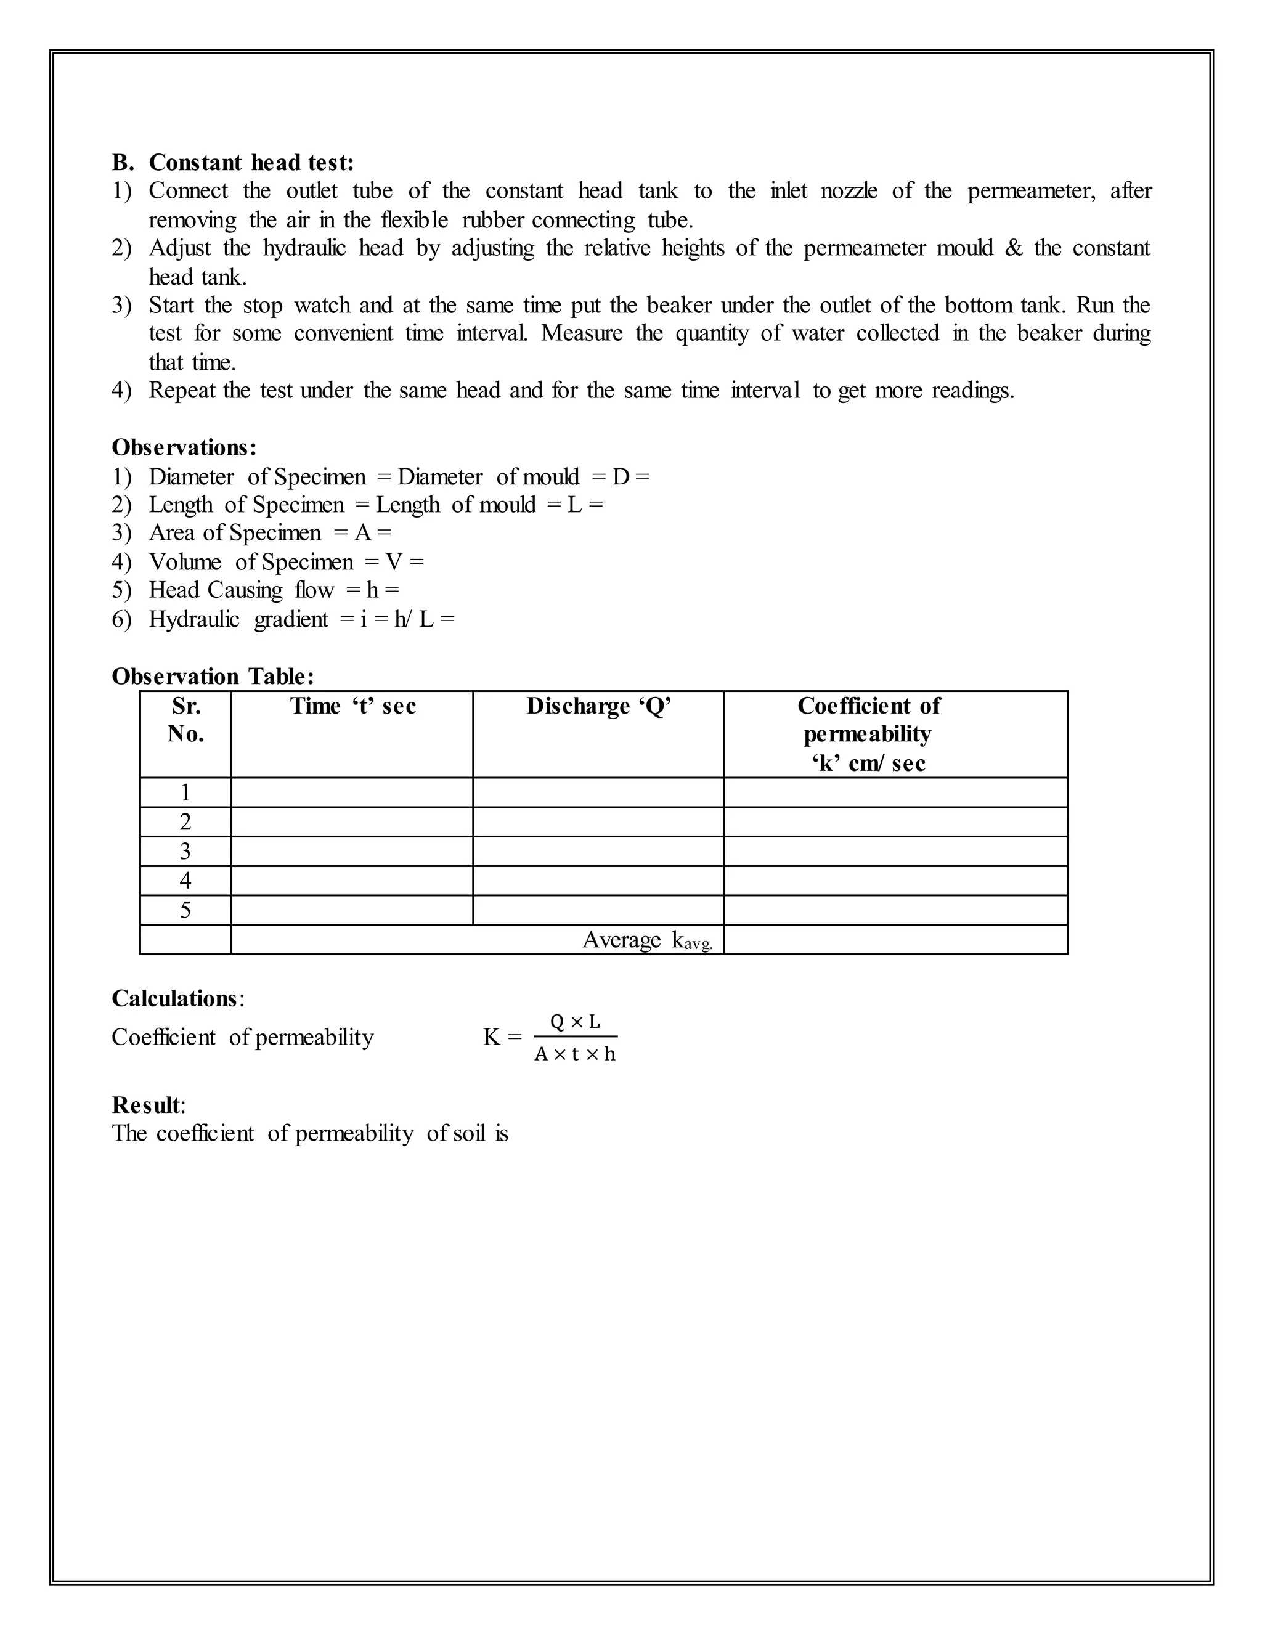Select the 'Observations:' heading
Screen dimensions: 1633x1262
(x=184, y=447)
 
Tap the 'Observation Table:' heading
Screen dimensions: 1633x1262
(x=213, y=676)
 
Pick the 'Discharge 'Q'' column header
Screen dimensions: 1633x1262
(x=598, y=706)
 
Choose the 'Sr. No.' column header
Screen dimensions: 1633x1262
(x=185, y=719)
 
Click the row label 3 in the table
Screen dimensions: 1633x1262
(x=185, y=851)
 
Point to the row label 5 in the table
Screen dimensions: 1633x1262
(x=185, y=910)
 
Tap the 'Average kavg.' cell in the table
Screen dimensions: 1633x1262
(x=646, y=940)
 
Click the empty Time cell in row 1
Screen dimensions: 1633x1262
(x=352, y=792)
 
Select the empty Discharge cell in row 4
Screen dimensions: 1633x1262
(x=598, y=881)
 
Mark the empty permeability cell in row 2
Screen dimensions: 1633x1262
(x=895, y=821)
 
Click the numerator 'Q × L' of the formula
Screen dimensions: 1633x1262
(x=575, y=1021)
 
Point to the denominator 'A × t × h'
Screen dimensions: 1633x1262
(x=575, y=1054)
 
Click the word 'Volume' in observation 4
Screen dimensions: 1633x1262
(x=185, y=561)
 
